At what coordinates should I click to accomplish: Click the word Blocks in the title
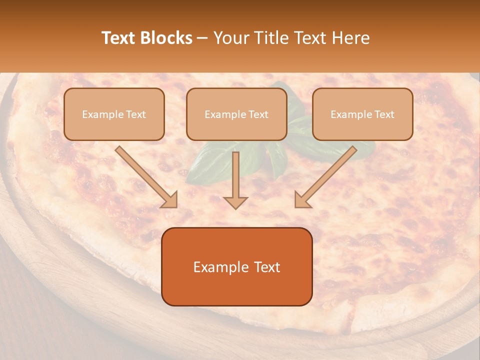click(x=166, y=38)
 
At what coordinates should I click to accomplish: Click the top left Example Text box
click(x=114, y=114)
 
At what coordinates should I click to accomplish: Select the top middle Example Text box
click(x=236, y=114)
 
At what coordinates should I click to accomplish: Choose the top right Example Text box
click(x=362, y=114)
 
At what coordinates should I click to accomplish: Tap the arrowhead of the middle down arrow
click(x=235, y=202)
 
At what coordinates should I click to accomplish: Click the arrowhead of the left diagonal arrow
click(x=170, y=199)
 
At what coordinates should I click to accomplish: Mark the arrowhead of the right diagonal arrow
click(x=302, y=199)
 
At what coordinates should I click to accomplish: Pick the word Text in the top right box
click(x=384, y=114)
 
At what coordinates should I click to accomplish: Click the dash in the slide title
click(x=202, y=38)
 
